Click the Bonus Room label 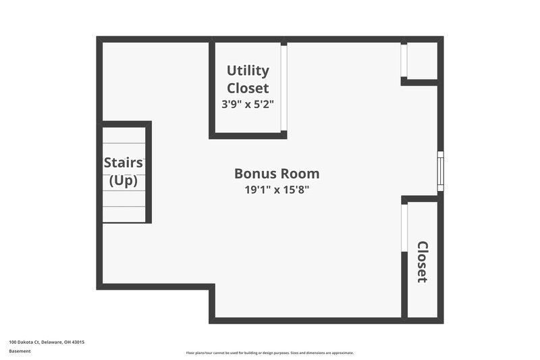click(277, 174)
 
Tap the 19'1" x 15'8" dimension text click(277, 190)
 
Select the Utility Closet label click(248, 79)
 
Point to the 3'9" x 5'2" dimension click(248, 105)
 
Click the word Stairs click(123, 163)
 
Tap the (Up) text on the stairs click(123, 180)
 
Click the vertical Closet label click(423, 262)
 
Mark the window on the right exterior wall click(440, 172)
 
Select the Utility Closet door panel click(284, 88)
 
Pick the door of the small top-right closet click(404, 61)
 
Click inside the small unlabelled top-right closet click(423, 61)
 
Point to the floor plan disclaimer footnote click(270, 353)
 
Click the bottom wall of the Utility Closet click(248, 135)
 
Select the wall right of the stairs click(148, 172)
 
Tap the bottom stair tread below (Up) click(124, 214)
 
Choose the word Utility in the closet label click(248, 70)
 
